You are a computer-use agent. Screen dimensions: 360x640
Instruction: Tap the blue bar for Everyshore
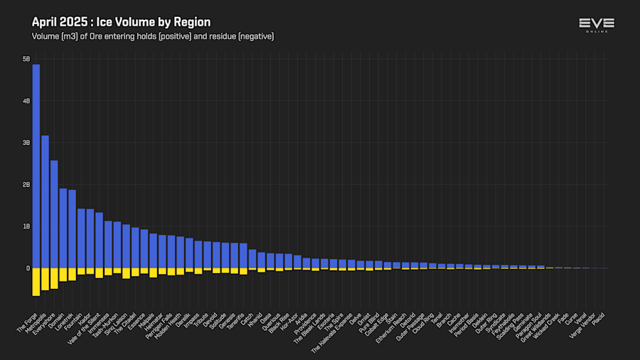(54, 214)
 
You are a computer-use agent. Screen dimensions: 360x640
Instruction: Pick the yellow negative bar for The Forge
(36, 282)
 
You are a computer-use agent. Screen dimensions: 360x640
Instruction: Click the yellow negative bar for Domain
(63, 275)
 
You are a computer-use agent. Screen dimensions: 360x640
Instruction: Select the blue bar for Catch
(252, 259)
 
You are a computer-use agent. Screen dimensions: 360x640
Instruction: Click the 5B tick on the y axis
(26, 59)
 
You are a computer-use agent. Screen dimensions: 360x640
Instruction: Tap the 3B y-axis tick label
(26, 143)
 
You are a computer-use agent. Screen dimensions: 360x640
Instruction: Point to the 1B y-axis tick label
(26, 226)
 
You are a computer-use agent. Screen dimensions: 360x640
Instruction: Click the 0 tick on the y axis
(28, 268)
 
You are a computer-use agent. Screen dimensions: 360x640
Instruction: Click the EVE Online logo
(597, 25)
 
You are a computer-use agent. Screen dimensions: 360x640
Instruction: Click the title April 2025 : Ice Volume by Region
(121, 22)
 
